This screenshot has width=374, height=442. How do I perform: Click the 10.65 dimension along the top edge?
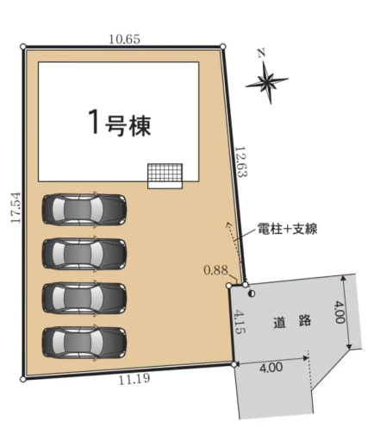pos(124,39)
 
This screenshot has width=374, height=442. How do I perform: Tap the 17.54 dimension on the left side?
pos(16,207)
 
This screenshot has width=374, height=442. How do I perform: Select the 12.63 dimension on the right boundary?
pos(241,161)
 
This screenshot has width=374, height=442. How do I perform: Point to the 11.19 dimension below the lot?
pos(134,380)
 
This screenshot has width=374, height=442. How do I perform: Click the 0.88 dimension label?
pos(215,270)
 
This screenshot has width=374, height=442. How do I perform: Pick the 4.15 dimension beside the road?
pos(240,322)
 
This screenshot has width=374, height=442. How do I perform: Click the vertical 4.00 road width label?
pos(340,313)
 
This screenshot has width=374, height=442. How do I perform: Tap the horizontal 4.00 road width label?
pos(271,367)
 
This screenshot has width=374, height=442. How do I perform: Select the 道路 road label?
pos(292,321)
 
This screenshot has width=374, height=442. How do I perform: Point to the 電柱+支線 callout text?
pos(287,230)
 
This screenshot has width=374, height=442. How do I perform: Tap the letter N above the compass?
pos(261,54)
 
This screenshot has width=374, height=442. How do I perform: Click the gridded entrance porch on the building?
pos(165,176)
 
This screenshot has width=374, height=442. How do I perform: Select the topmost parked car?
pos(84,209)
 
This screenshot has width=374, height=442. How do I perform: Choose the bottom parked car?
pos(84,343)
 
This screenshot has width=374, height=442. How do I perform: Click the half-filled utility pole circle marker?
pos(252,294)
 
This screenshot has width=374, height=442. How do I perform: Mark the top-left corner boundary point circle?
pos(23,47)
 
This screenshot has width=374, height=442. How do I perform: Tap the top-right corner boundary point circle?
pos(222,46)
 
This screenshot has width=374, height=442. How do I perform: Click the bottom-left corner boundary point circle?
pos(23,379)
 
